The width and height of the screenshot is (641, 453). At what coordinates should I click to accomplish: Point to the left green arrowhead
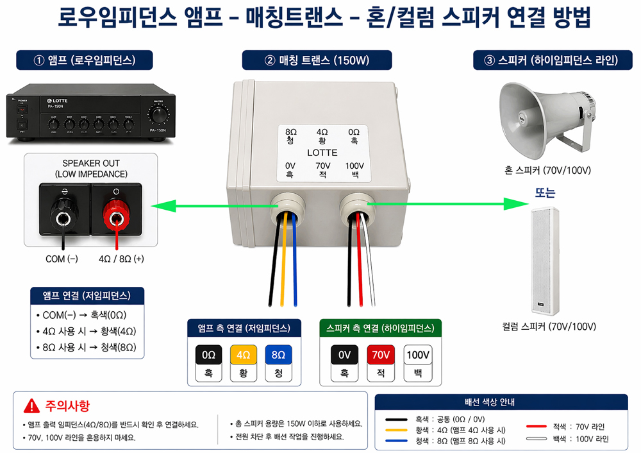coord(158,206)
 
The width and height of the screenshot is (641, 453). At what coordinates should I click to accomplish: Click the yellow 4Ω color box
coord(243,354)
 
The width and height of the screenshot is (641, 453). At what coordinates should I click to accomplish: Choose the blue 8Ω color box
coord(278,354)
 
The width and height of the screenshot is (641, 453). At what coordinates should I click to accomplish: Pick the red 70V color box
coord(381,354)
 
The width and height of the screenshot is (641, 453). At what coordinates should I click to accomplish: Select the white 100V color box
coord(418,354)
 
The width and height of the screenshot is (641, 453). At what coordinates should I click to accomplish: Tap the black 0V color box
coord(344,354)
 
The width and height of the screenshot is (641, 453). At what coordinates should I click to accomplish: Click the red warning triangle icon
coord(31,406)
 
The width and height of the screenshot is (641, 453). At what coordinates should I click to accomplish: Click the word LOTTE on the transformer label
coord(322,153)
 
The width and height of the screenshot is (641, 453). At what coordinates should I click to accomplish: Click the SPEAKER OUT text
coord(91,163)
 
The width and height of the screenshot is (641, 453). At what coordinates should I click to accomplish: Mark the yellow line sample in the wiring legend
coord(397,430)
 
